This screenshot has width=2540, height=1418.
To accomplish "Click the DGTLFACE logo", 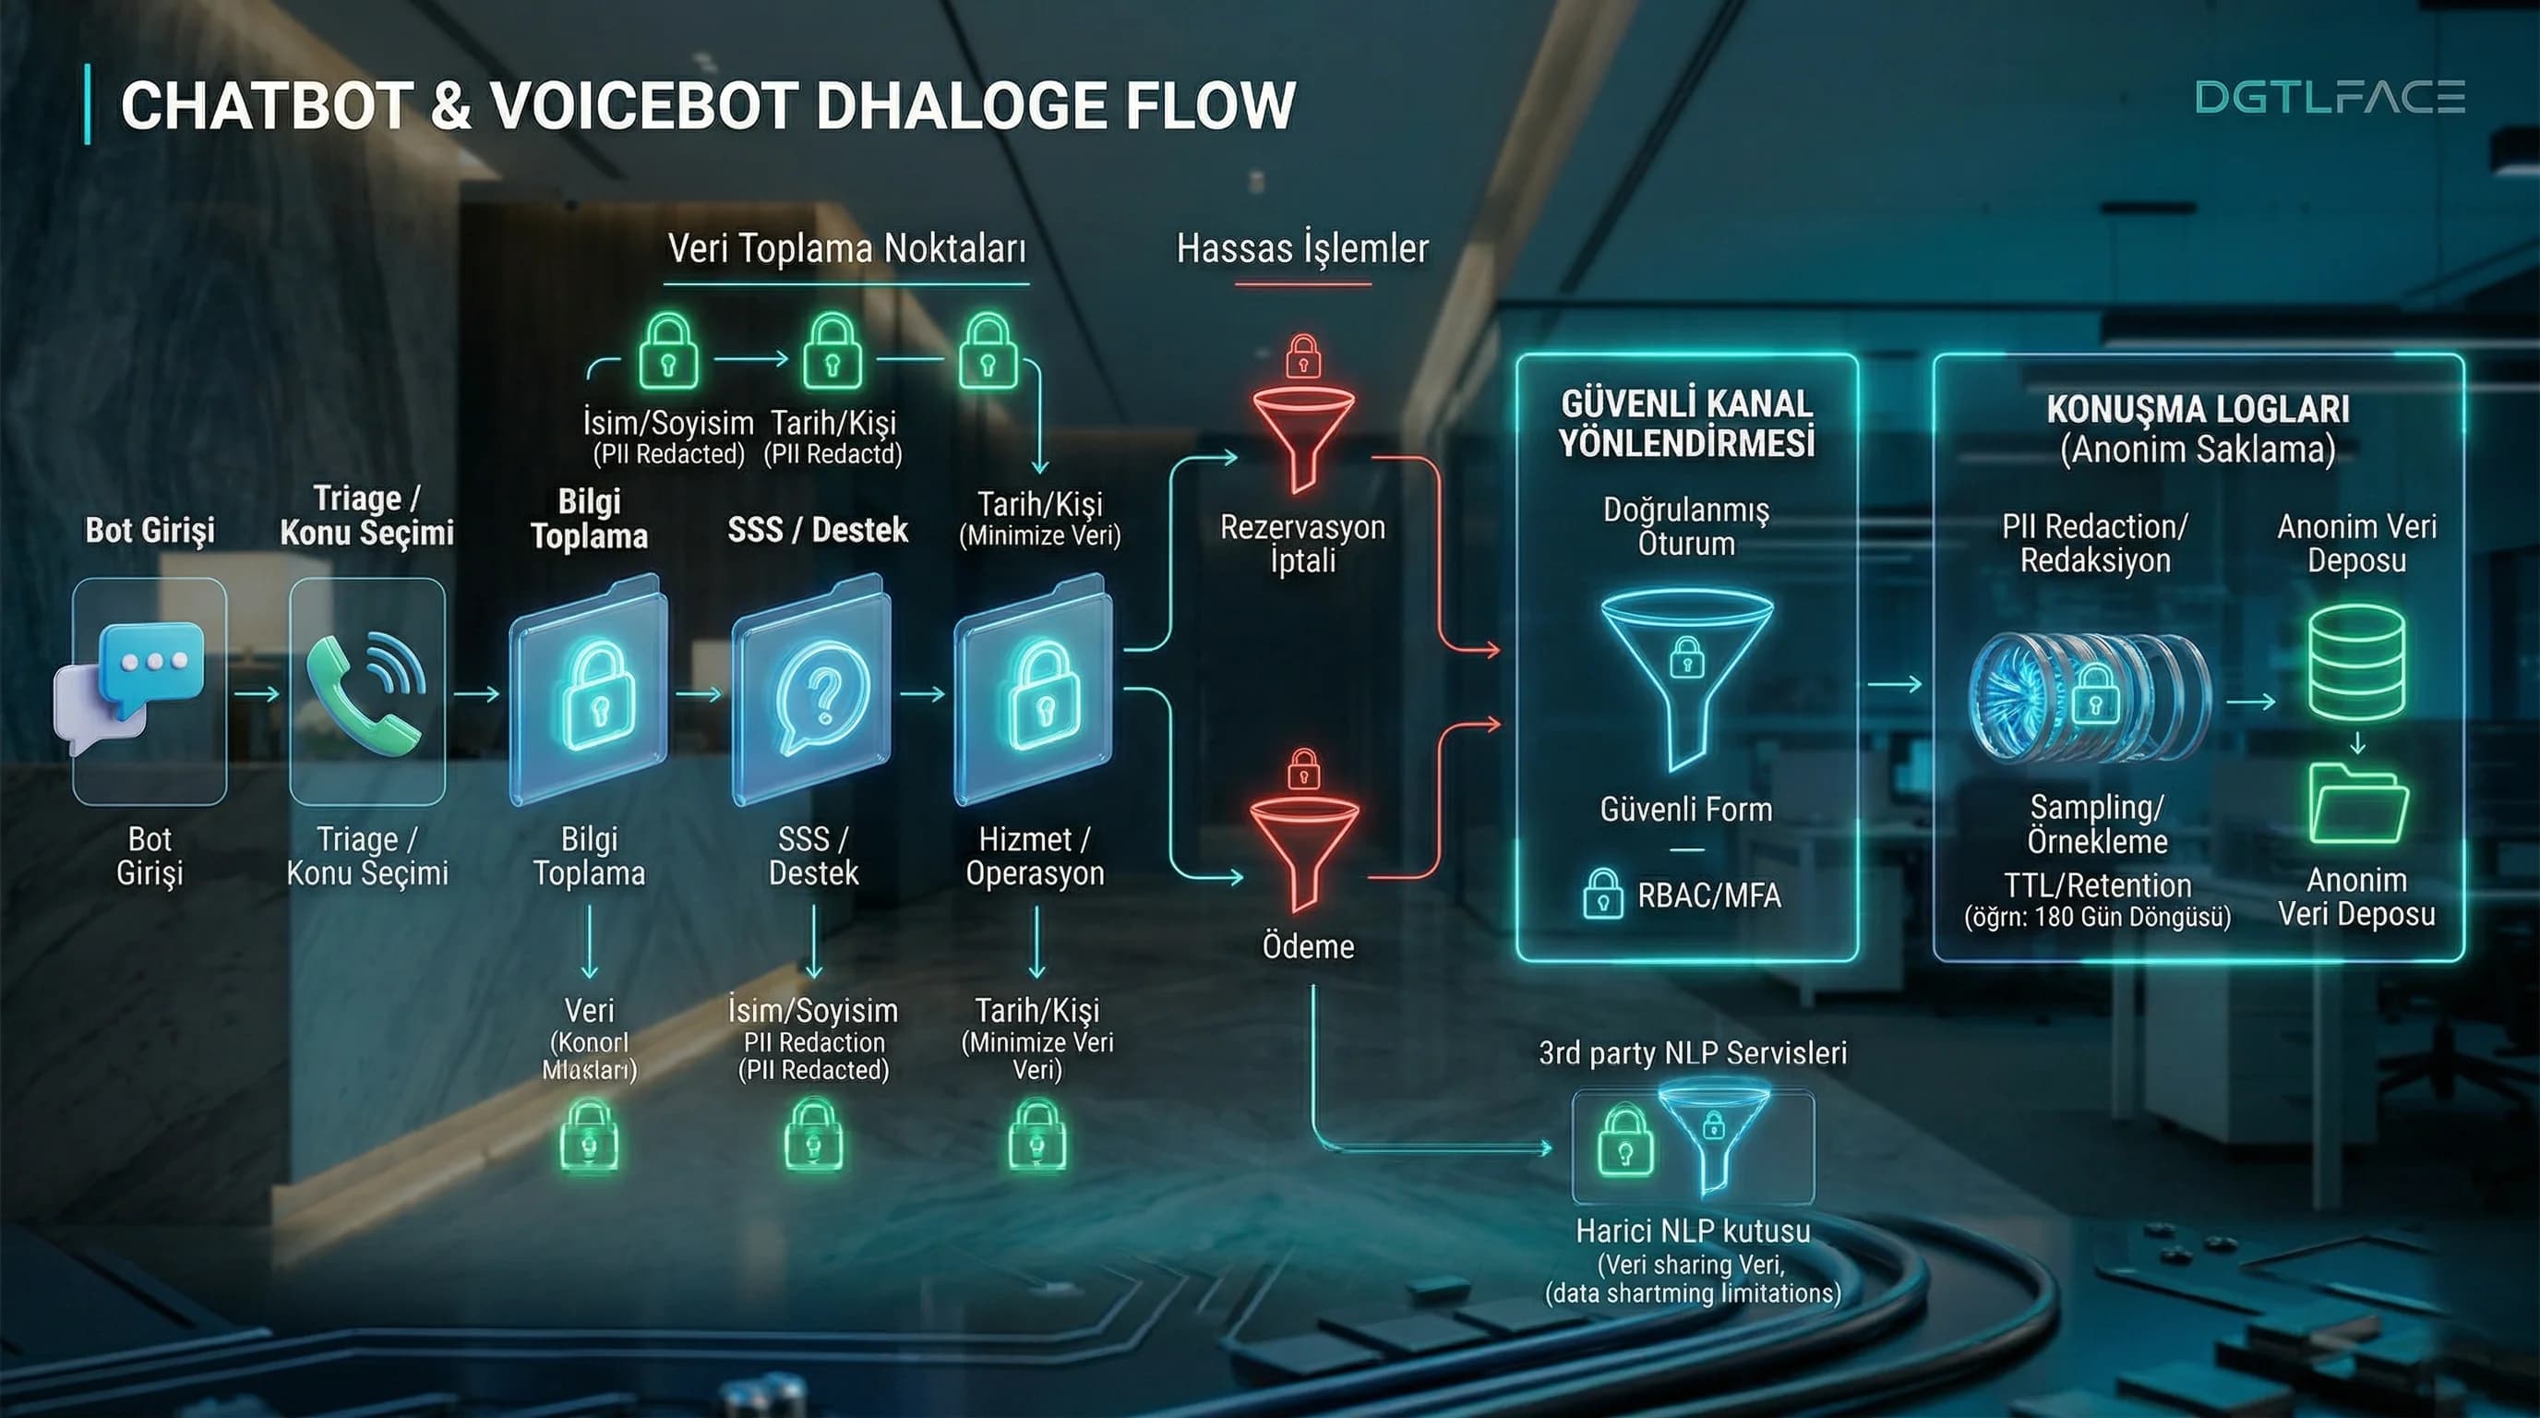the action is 2330,98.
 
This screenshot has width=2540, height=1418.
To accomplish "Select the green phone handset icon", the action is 365,693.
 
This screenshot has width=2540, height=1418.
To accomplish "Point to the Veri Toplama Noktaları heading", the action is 847,248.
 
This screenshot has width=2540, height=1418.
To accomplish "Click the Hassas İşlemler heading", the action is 1301,248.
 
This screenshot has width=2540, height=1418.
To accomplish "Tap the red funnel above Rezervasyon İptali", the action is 1302,438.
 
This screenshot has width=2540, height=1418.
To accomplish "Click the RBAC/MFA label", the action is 1708,895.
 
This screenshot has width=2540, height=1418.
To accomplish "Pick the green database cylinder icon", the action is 2356,663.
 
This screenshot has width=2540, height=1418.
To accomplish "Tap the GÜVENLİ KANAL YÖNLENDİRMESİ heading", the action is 1687,424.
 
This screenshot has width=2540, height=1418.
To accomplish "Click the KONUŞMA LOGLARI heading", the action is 2198,409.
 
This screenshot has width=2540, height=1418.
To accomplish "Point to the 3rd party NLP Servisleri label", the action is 1692,1053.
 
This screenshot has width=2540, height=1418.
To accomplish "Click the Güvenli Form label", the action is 1686,810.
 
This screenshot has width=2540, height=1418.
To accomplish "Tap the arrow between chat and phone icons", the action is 258,694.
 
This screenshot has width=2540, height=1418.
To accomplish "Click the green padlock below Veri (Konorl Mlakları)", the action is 590,1137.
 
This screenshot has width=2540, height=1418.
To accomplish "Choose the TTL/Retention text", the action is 2097,884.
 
